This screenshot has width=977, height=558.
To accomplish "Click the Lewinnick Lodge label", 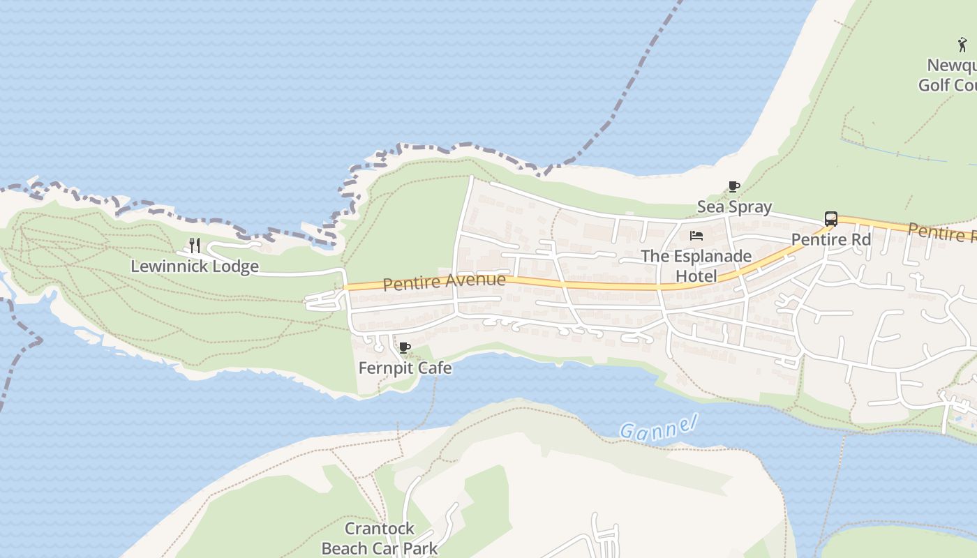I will (195, 266).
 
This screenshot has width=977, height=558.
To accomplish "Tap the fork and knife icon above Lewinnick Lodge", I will (195, 245).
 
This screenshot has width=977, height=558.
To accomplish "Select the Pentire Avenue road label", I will (444, 282).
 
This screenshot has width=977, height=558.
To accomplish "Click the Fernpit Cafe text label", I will (405, 368).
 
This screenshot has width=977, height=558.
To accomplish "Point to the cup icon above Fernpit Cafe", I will (404, 347).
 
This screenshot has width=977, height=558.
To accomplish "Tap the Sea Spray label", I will (734, 206).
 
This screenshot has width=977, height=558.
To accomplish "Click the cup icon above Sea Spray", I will (733, 186).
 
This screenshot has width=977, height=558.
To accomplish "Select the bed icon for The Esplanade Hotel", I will (696, 236).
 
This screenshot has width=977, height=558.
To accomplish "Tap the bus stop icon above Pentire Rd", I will (830, 219).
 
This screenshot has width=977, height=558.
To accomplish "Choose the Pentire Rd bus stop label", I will (830, 239).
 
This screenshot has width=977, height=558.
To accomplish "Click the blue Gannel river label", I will (659, 427).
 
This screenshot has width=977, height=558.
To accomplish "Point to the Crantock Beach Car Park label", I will (380, 538).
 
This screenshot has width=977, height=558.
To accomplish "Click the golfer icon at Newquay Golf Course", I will (963, 45).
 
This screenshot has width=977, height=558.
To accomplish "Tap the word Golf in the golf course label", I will (934, 85).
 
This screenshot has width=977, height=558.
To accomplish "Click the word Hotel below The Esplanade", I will (696, 276).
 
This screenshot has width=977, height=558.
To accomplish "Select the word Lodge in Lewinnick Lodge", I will (237, 266).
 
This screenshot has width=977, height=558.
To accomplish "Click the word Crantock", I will (380, 528).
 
